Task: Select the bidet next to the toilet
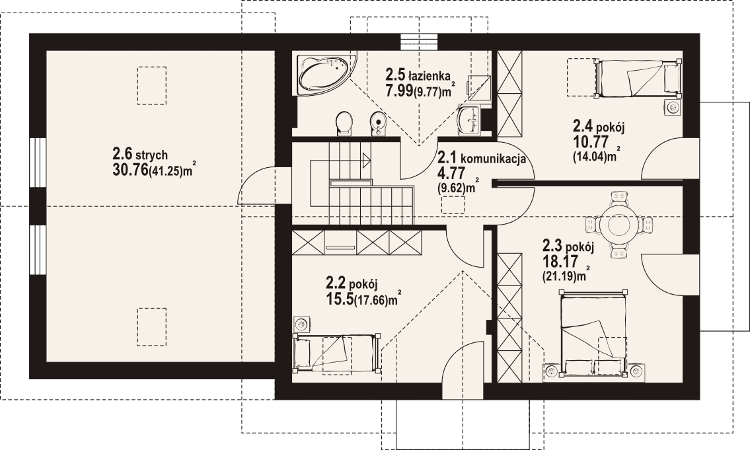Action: [377, 124]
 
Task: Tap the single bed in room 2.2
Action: [337, 352]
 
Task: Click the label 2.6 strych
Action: [140, 154]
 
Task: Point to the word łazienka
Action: [429, 75]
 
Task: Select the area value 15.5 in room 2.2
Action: [339, 299]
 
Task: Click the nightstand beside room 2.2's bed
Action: [301, 324]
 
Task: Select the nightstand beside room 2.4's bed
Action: [673, 107]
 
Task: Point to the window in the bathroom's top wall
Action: [419, 42]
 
